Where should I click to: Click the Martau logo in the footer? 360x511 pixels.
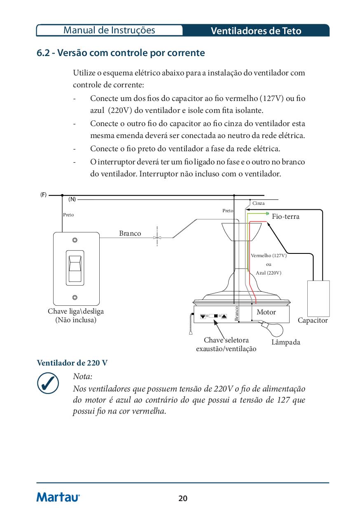(58, 497)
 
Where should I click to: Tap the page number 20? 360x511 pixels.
(183, 499)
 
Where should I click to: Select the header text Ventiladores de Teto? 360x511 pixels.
(256, 31)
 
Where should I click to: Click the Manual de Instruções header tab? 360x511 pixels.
(110, 30)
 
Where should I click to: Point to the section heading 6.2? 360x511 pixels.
(121, 53)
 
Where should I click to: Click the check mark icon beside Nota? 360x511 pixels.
(47, 384)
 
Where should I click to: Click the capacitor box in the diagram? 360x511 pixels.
(318, 298)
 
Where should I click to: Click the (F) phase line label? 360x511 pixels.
(43, 195)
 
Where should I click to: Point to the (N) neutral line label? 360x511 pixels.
(72, 199)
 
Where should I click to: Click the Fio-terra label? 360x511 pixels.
(285, 217)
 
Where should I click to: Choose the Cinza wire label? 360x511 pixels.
(259, 204)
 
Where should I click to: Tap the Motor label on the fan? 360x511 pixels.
(266, 312)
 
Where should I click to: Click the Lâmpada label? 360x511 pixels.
(286, 342)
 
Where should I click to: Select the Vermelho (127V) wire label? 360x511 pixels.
(269, 256)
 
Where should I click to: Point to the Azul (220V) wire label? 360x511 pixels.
(269, 273)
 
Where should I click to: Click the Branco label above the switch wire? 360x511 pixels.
(130, 234)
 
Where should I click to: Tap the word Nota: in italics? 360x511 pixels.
(82, 377)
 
